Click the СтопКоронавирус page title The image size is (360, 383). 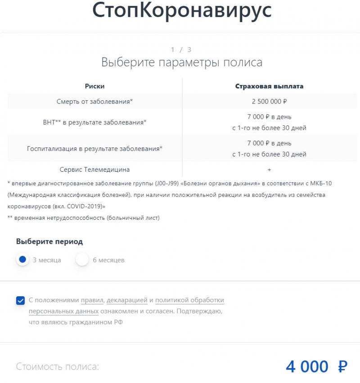pos(182,11)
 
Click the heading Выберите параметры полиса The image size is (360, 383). pos(182,62)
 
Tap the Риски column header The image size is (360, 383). pos(94,86)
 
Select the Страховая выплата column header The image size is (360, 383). pos(269,86)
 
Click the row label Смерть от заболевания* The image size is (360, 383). pos(94,102)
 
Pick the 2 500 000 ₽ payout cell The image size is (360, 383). pos(269,102)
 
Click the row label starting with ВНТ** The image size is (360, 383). pos(94,122)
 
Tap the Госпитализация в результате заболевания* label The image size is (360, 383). pos(94,148)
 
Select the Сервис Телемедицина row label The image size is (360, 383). pos(94,169)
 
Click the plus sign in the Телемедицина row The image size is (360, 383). pos(269,169)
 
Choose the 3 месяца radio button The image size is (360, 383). pos(22,260)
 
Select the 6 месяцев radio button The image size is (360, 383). pos(82,260)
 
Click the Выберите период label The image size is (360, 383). pos(49,241)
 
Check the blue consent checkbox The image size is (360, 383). pos(20,300)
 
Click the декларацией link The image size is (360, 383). pos(127,300)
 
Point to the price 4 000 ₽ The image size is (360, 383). pos(316,367)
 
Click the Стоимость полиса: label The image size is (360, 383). pos(57,367)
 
